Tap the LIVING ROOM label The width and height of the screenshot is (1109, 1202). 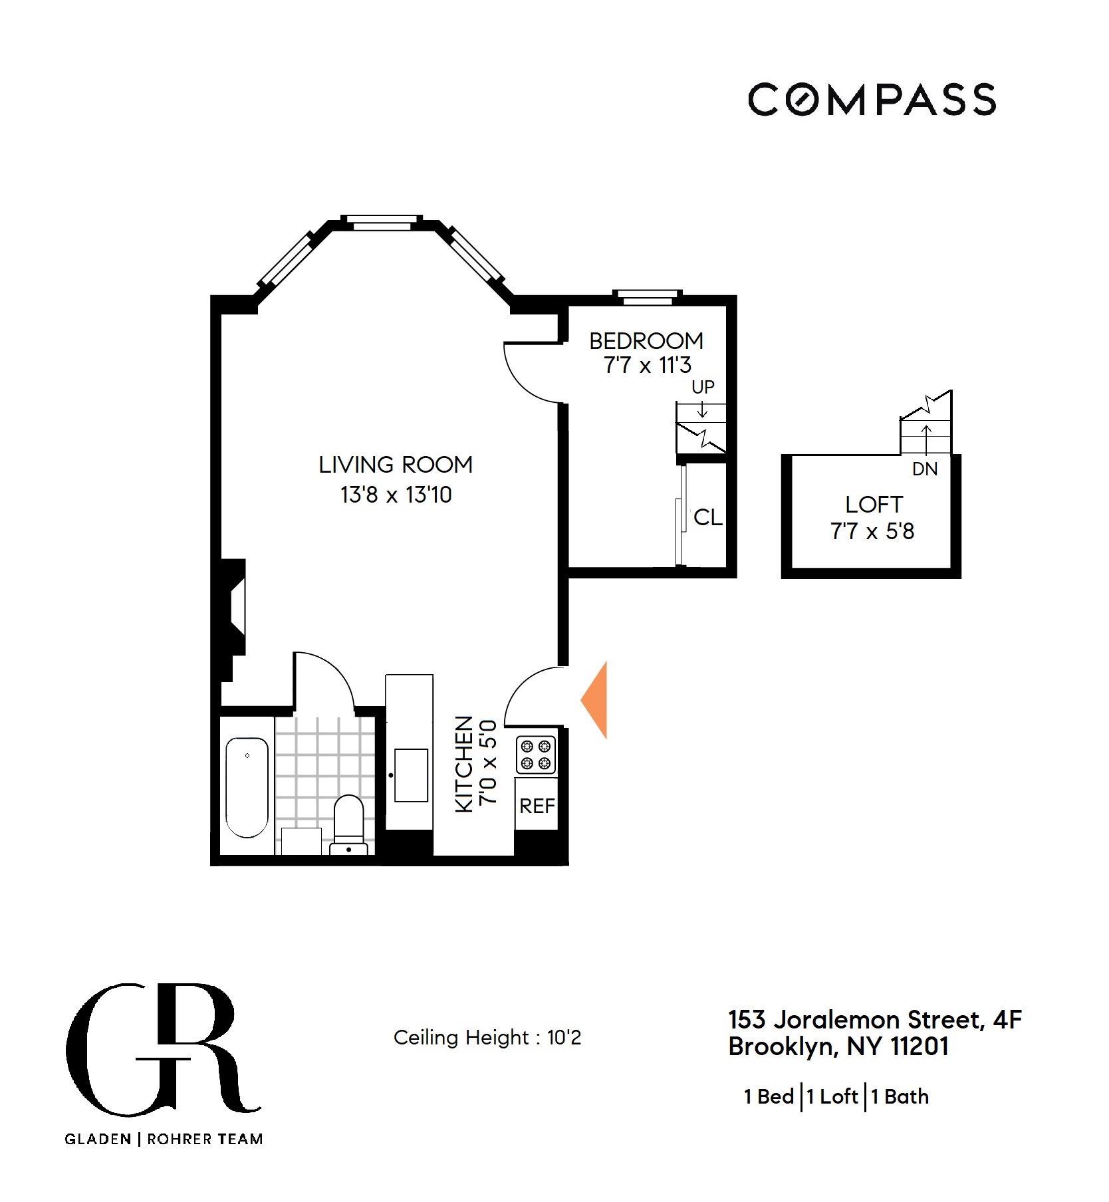(396, 464)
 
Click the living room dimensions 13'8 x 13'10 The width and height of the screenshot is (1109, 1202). (396, 495)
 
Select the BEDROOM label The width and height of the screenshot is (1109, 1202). (646, 341)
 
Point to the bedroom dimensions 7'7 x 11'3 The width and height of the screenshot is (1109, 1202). (647, 365)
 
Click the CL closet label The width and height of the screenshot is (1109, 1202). (707, 517)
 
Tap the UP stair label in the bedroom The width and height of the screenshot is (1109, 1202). (703, 387)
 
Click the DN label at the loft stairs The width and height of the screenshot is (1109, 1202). (925, 469)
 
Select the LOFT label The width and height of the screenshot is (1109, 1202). (874, 505)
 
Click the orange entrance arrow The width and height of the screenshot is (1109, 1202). (596, 700)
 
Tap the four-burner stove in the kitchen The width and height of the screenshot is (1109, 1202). (536, 755)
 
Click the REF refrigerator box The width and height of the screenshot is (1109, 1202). (537, 806)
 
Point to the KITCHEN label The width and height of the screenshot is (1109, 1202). (464, 764)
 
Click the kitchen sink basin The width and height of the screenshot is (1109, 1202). (411, 775)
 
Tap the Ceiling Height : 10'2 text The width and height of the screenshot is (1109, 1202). (487, 1038)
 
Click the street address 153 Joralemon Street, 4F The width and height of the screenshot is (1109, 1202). (874, 1019)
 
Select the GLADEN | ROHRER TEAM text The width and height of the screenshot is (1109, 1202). (164, 1140)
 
